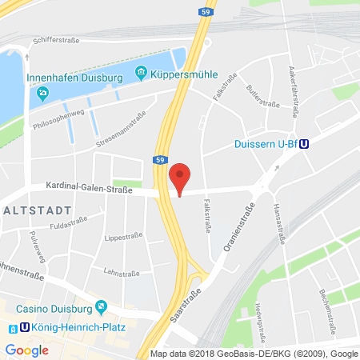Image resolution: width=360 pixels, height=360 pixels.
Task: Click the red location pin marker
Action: pos(182,178)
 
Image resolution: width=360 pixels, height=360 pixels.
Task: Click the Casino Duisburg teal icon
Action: pos(102,306)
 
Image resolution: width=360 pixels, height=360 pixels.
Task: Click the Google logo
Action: pos(26,350)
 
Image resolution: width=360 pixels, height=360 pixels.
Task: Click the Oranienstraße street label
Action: pos(233,222)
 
